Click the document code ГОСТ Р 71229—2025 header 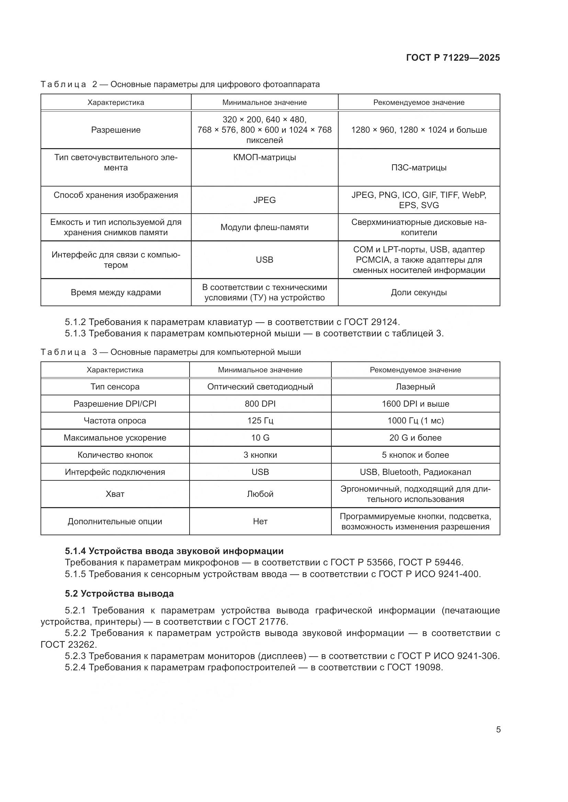(x=453, y=58)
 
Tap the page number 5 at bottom (x=498, y=729)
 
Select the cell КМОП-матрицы (x=264, y=157)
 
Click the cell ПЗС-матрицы (x=419, y=168)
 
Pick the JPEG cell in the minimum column (x=264, y=200)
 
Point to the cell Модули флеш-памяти (x=264, y=227)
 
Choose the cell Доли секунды (x=419, y=292)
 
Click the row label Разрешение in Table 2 (x=116, y=130)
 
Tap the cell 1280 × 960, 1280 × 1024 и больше (x=419, y=130)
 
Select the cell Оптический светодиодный (x=260, y=387)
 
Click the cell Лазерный (x=415, y=387)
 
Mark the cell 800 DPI (x=260, y=404)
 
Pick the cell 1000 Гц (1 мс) (x=415, y=421)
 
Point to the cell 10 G (x=260, y=438)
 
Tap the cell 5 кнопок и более (x=415, y=455)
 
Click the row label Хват (x=115, y=494)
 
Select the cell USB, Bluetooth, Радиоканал (x=415, y=472)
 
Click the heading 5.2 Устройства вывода (x=119, y=594)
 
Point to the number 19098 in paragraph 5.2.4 (x=429, y=667)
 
